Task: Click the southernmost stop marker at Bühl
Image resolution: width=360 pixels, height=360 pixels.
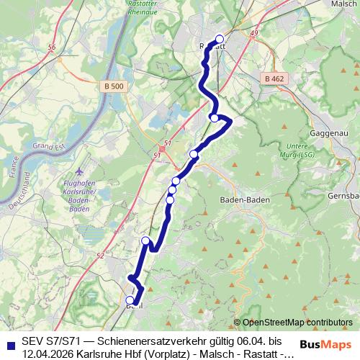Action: coord(130,300)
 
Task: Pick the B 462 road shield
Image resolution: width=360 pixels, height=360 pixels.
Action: coord(274,78)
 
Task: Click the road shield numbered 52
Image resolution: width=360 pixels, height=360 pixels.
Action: coord(99,256)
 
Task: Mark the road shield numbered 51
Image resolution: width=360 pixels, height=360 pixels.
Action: coord(167,144)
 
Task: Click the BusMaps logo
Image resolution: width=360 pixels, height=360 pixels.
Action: coord(323,344)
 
